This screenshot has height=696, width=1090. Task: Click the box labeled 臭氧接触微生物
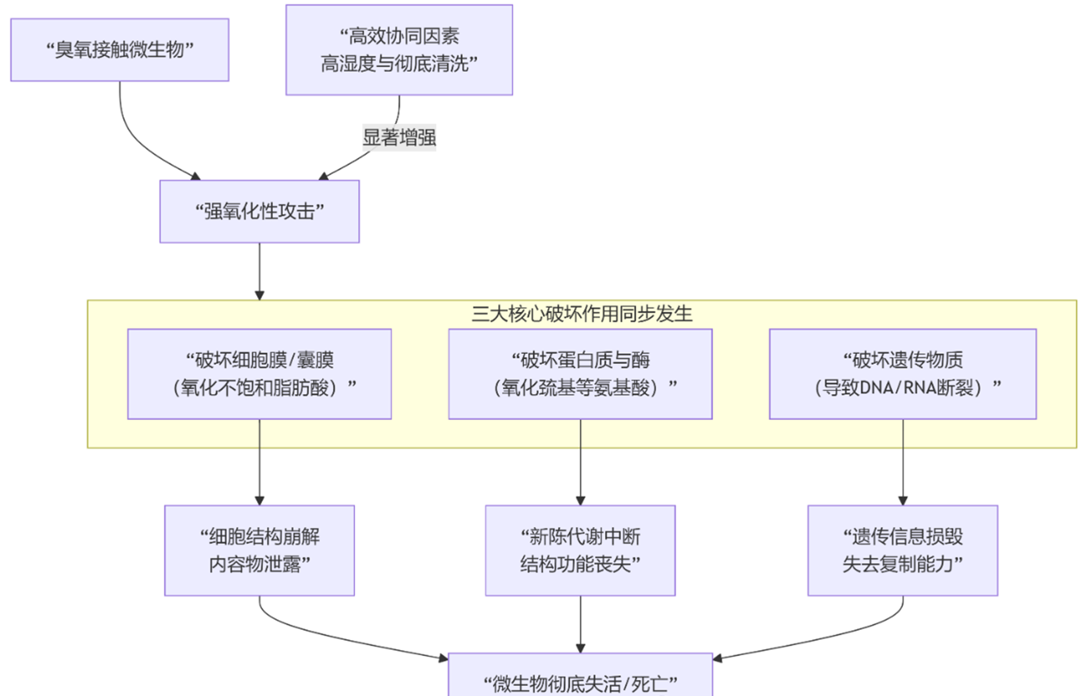pos(120,50)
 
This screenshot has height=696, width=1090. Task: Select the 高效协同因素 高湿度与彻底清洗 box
pos(399,50)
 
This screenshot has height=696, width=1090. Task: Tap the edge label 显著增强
pos(399,138)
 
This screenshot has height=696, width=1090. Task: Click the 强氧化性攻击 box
pos(259,211)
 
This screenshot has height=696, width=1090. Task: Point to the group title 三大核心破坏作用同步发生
pos(581,314)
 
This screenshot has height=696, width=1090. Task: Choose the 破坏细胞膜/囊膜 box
pos(259,374)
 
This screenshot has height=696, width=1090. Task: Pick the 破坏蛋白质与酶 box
pos(580,374)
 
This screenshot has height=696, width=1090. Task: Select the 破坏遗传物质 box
pos(903,374)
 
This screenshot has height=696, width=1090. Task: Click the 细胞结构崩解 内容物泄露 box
pos(259,550)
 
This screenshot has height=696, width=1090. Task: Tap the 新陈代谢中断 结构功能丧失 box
pos(580,550)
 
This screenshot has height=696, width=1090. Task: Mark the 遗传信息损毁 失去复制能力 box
pos(903,550)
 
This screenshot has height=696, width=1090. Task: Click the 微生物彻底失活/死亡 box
pos(580,677)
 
